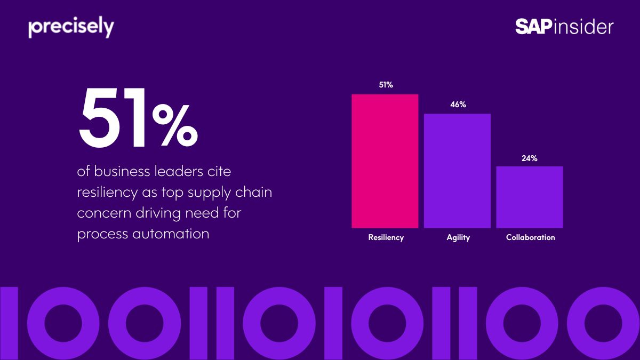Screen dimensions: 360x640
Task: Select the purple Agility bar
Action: click(x=457, y=171)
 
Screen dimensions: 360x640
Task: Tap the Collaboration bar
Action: click(x=530, y=197)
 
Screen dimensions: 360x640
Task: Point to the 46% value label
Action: click(x=458, y=105)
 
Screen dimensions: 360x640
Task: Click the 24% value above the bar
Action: click(x=530, y=158)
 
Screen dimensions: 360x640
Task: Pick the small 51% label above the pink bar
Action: click(x=386, y=85)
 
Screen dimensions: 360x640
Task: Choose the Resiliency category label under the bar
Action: click(x=386, y=237)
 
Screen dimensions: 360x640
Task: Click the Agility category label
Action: click(x=458, y=237)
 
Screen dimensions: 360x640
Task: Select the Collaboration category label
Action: click(x=530, y=237)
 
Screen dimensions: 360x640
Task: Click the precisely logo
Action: click(x=71, y=28)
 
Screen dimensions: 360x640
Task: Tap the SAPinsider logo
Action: click(x=564, y=27)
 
